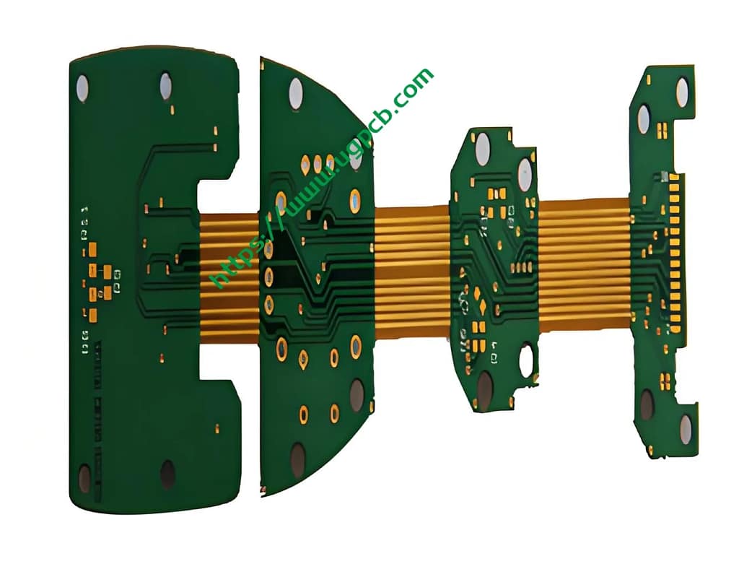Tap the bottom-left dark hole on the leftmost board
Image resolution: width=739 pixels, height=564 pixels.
[84, 477]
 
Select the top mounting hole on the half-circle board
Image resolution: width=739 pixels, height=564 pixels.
[296, 94]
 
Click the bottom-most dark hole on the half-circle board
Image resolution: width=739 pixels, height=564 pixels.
[297, 460]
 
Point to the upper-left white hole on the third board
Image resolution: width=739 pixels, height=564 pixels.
[482, 149]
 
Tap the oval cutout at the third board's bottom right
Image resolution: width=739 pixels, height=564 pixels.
[526, 359]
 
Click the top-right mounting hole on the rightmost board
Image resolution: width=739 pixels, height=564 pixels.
[682, 92]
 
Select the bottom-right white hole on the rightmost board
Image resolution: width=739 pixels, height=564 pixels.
[685, 429]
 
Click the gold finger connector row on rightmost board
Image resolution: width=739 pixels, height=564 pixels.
[674, 253]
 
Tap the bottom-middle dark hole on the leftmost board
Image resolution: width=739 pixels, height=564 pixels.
[167, 474]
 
